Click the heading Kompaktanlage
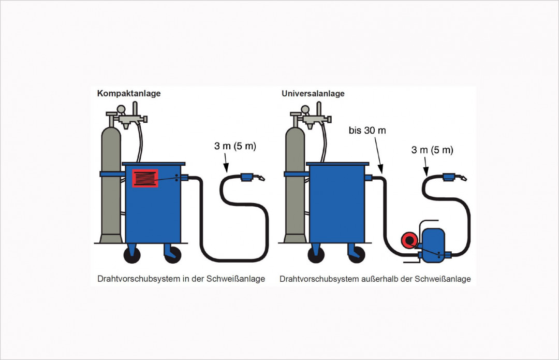tap(129, 94)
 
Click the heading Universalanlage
tap(313, 94)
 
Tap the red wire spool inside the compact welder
tap(145, 178)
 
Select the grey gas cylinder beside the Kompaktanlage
tap(110, 186)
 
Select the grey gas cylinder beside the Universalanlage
tap(295, 186)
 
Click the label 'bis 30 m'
tap(367, 131)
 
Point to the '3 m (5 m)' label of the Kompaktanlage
tap(235, 147)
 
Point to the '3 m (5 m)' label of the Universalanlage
tap(432, 150)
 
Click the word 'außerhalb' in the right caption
tap(380, 279)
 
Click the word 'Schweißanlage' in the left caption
tap(236, 279)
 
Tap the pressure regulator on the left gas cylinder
tap(126, 118)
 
